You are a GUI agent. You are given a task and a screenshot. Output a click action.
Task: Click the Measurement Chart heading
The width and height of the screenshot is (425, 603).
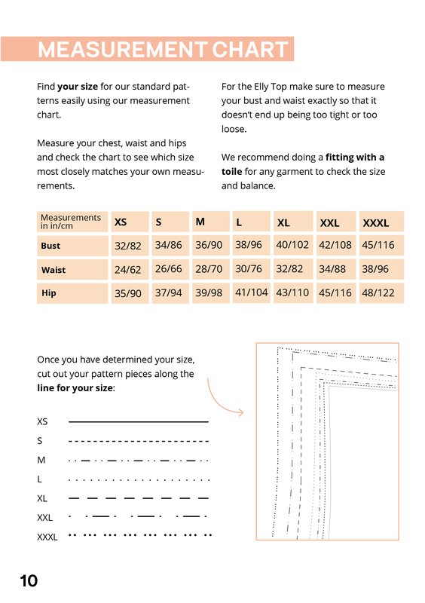point(163,49)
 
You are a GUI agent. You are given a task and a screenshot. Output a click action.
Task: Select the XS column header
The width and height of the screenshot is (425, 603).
point(121,222)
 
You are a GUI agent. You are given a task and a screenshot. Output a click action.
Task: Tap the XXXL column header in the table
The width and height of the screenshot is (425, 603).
point(376,223)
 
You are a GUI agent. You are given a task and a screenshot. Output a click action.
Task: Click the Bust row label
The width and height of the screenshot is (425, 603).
point(50,246)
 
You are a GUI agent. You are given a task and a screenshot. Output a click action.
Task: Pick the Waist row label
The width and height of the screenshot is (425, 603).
point(54,270)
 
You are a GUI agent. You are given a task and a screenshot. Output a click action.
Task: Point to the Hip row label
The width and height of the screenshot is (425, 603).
point(49,293)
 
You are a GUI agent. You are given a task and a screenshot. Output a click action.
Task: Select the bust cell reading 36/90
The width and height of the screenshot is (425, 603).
point(209,245)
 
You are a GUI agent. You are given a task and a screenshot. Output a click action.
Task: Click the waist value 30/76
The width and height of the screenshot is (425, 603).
point(249,268)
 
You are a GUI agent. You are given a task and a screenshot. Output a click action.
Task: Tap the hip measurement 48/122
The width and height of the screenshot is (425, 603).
point(378,293)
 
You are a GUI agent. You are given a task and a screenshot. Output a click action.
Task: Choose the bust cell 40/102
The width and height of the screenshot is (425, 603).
point(292,244)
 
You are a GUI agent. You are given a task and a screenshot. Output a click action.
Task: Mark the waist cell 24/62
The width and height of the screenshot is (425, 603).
point(127,270)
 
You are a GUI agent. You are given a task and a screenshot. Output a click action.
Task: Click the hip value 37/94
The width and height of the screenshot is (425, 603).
point(169,293)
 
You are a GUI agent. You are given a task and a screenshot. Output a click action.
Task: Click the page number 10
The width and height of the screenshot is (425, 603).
point(29,580)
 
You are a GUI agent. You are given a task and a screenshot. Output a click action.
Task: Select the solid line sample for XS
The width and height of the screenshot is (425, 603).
point(139,422)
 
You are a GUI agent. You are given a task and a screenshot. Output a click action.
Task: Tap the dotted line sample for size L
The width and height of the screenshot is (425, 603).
point(139,480)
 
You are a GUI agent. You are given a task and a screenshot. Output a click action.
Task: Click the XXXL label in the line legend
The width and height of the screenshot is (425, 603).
point(47,537)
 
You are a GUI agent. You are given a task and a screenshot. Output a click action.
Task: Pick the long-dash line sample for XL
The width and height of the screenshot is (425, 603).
point(139,498)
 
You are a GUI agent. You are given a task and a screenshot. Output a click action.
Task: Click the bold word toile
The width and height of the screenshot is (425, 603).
point(231,172)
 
